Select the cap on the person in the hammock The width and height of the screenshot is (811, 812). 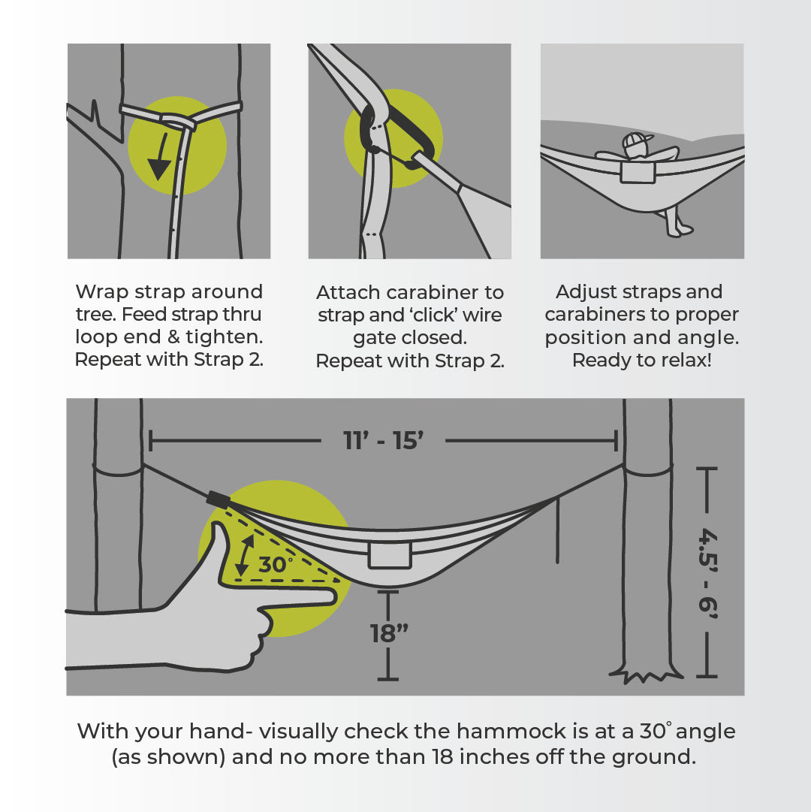point(633,141)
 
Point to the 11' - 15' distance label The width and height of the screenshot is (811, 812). point(384,441)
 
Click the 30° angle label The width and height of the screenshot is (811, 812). point(276,564)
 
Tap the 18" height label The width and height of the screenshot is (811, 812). point(388,633)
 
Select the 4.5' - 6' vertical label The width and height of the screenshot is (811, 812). point(707,574)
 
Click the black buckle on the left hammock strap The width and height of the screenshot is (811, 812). point(218,499)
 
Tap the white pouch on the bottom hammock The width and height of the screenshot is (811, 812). point(389,556)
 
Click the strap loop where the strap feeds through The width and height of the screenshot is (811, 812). point(178,120)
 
